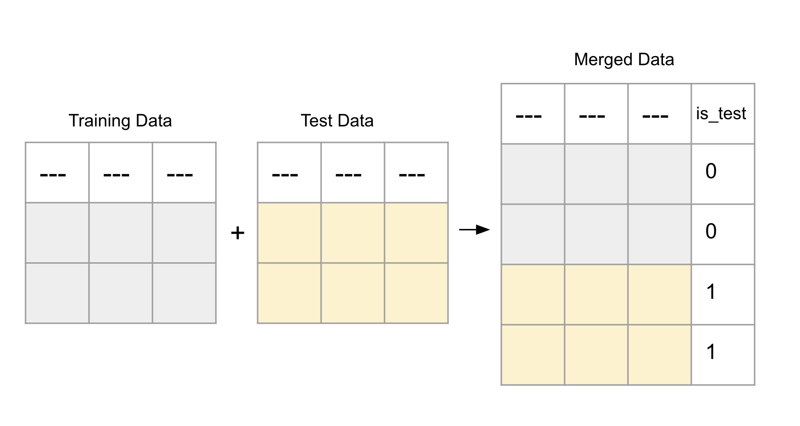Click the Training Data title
120,121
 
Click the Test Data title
337,121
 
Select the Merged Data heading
624,59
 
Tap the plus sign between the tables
238,233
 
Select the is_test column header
721,114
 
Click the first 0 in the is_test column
711,171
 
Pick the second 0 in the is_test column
711,231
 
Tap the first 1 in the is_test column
711,292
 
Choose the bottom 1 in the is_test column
711,352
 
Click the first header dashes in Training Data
53,175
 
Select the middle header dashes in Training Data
116,175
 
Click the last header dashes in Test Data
412,175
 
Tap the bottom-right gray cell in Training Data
184,293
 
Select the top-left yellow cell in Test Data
289,233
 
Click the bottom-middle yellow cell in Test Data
352,293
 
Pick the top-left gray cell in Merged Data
533,174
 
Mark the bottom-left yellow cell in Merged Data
533,355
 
